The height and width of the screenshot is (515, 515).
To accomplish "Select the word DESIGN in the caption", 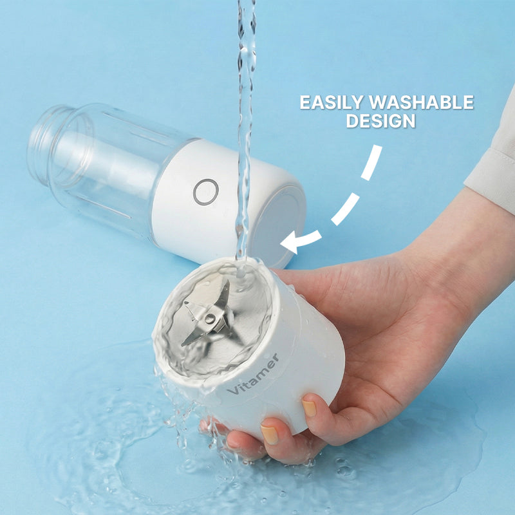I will tap(381, 120).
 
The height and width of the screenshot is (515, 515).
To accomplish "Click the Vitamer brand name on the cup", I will tap(253, 374).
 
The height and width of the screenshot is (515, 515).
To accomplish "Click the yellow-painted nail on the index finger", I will tap(310, 407).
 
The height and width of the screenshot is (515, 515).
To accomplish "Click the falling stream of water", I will tap(245, 129).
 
